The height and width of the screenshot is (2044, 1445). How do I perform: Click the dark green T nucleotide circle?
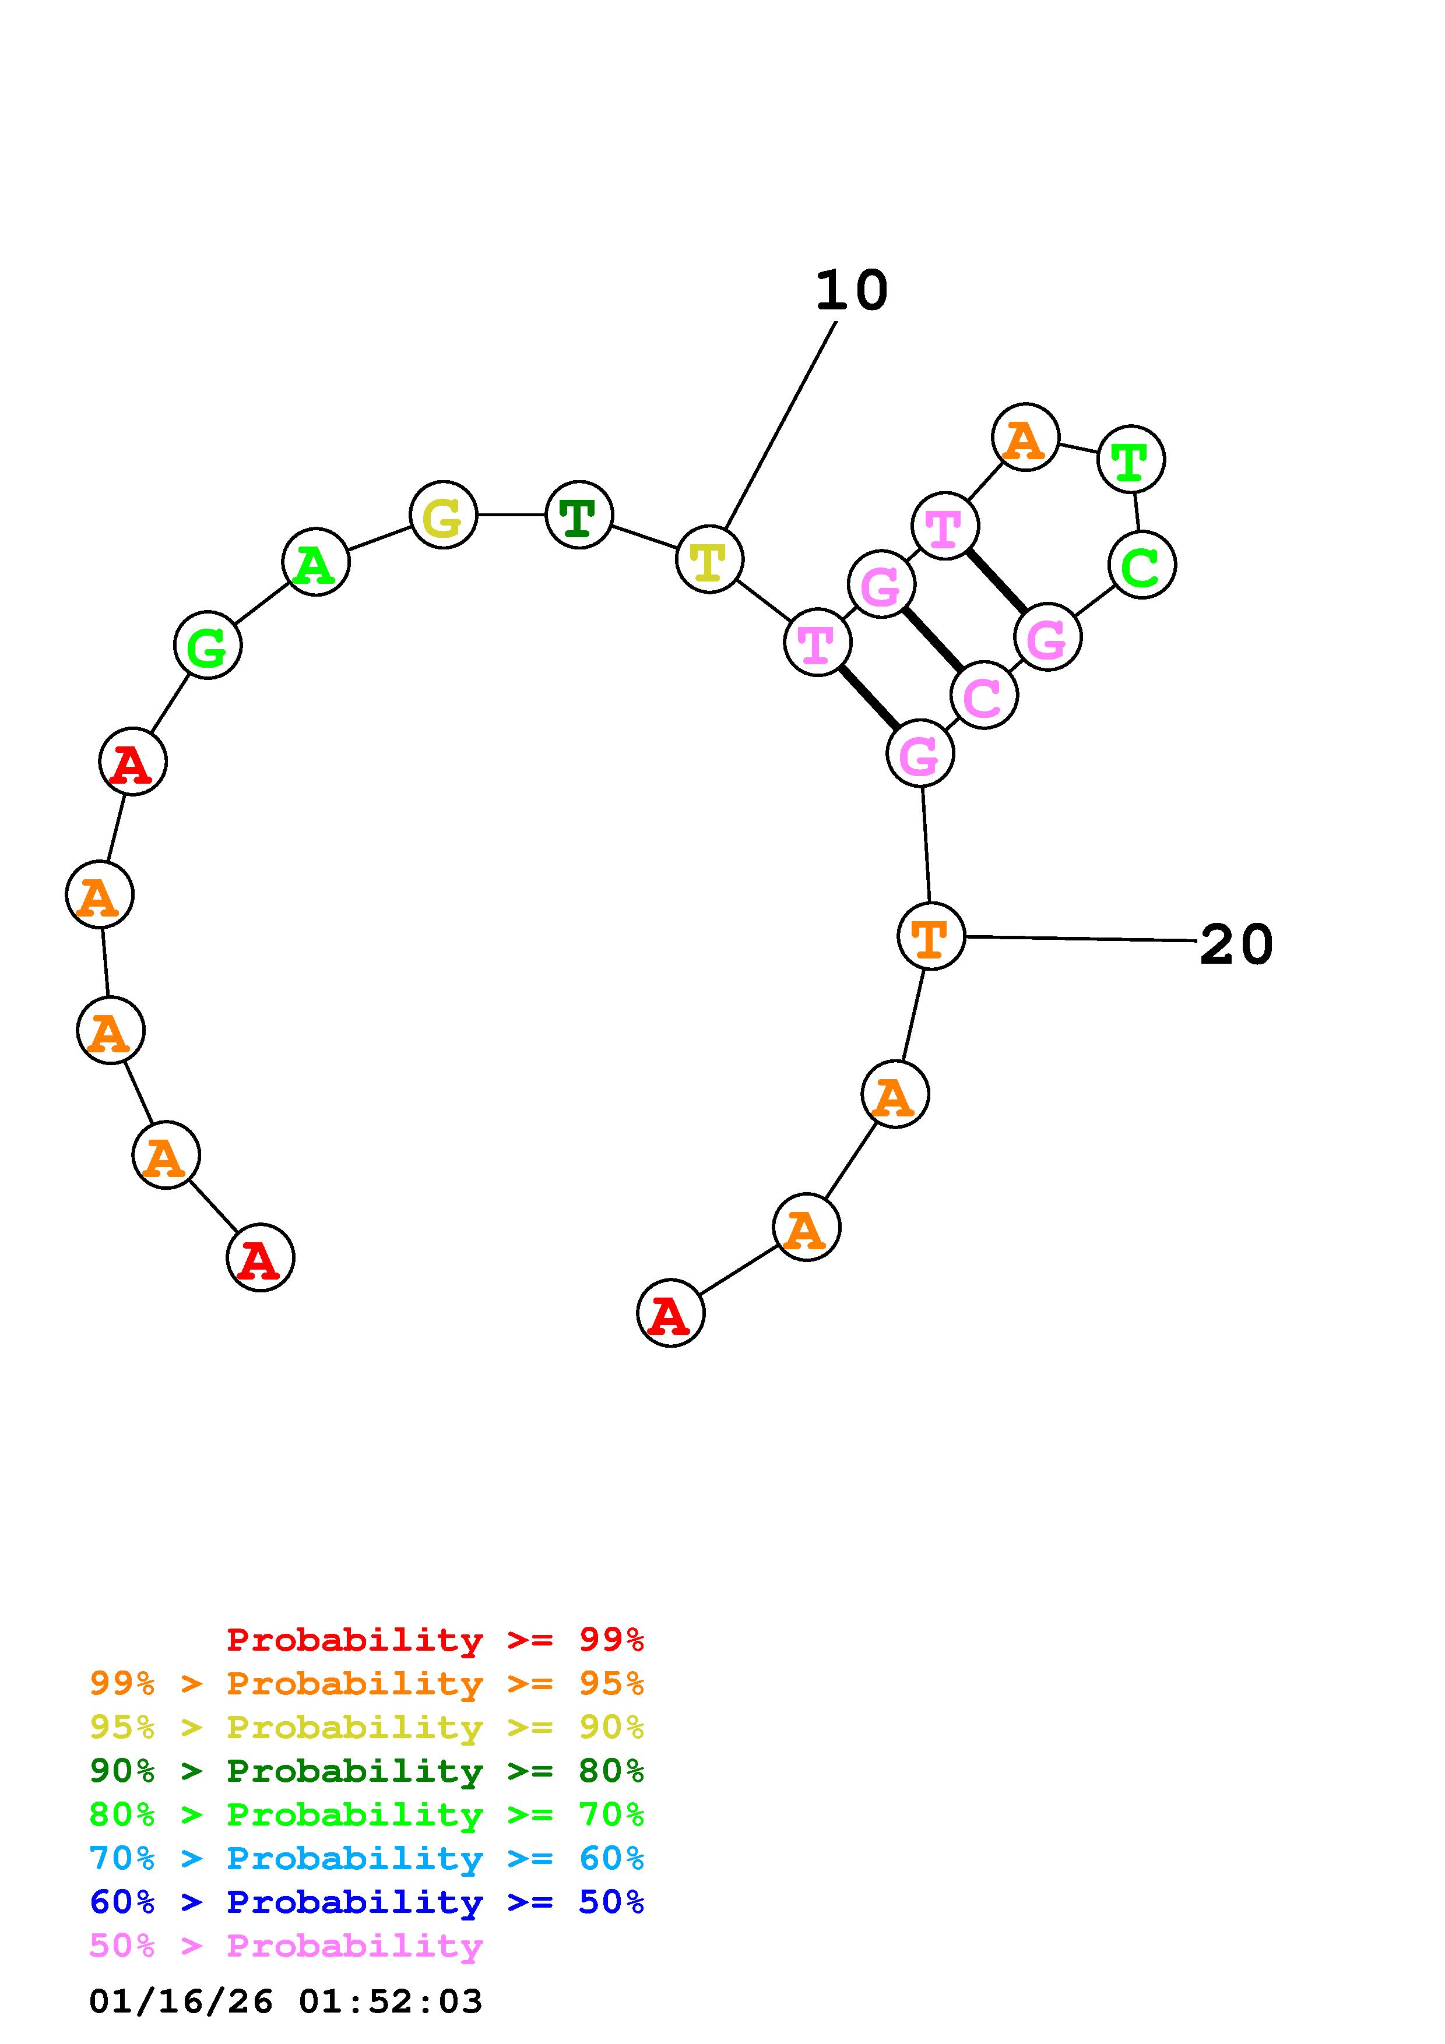pyautogui.click(x=579, y=514)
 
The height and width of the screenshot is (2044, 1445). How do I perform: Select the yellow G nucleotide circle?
pyautogui.click(x=444, y=514)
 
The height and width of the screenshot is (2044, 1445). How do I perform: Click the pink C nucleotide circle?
pyautogui.click(x=984, y=695)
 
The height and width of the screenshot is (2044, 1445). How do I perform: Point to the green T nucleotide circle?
pyautogui.click(x=1131, y=459)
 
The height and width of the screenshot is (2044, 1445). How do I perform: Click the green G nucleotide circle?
pyautogui.click(x=208, y=646)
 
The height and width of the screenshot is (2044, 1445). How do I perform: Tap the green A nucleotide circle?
pyautogui.click(x=315, y=562)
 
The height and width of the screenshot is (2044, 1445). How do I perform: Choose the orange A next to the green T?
pyautogui.click(x=1026, y=437)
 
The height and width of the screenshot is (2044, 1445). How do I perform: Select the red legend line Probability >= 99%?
pyautogui.click(x=435, y=1639)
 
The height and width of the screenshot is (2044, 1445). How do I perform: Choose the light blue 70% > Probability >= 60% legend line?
pyautogui.click(x=367, y=1858)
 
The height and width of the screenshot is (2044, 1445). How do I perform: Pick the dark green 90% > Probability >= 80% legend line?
pyautogui.click(x=367, y=1771)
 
